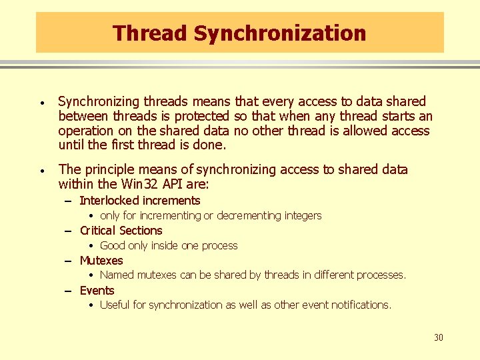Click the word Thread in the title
tap(142, 33)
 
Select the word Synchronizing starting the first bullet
tap(98, 101)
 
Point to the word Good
tap(112, 245)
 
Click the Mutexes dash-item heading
tap(101, 261)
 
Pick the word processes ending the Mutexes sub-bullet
tap(381, 275)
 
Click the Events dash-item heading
tap(97, 291)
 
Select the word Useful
tap(115, 305)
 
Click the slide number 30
tap(438, 338)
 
